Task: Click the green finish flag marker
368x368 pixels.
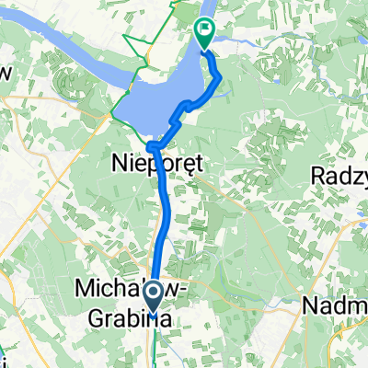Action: pos(203,33)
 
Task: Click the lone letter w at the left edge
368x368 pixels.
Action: pos(6,72)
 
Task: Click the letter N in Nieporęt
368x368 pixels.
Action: pos(118,162)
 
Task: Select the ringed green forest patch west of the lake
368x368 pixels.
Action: pos(74,83)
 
